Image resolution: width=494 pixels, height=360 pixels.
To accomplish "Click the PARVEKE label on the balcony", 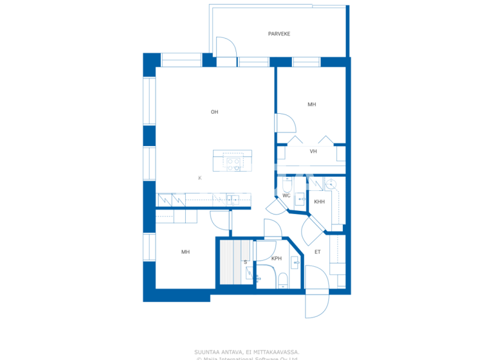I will pos(279,33).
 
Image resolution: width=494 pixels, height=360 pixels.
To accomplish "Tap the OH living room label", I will pos(214,112).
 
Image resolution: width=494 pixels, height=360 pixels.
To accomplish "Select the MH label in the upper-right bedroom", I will pos(312,104).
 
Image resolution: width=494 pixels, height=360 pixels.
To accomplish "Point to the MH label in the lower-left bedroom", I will pos(185,252).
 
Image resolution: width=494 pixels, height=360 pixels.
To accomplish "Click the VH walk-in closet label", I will pos(313,152).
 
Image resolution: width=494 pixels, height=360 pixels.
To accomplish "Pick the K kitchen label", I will pos(199,178).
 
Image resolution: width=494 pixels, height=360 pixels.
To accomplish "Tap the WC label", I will pos(286,195).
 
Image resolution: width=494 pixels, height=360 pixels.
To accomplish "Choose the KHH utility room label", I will pos(319,202).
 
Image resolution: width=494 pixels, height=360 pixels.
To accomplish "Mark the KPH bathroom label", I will pos(277,258).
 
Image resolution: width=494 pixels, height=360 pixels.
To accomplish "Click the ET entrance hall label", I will pos(317,252).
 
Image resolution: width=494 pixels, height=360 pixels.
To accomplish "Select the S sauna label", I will pos(244,262).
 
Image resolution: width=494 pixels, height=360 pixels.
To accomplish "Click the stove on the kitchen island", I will pos(232,161).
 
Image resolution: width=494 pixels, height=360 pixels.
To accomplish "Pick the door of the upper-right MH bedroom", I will pos(284,123).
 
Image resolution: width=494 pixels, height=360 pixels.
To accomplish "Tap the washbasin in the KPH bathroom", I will pos(295,262).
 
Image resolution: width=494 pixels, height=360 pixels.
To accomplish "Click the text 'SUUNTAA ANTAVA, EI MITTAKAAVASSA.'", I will pos(246,352).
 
